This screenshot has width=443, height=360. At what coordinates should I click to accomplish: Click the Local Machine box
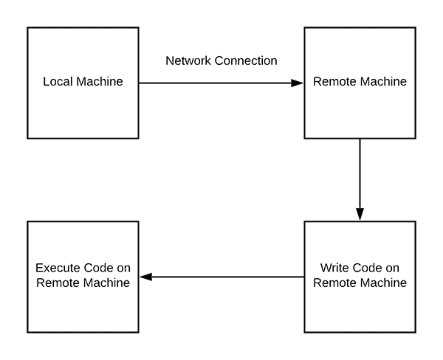pos(83,83)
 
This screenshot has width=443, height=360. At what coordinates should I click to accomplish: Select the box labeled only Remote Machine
pos(360,83)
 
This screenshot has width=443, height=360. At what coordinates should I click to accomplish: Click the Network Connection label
pos(221,60)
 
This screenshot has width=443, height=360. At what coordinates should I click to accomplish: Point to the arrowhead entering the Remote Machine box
pos(297,83)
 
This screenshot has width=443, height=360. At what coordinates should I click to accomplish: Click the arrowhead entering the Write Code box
pos(360,213)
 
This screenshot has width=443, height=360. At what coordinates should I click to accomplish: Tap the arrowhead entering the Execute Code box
pos(145,277)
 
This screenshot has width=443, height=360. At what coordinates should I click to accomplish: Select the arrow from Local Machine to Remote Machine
pos(221,83)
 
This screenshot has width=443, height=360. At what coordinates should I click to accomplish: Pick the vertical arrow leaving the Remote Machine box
pos(360,177)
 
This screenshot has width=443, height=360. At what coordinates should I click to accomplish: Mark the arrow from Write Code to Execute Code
pos(221,277)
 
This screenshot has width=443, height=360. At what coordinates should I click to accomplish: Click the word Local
pos(57,82)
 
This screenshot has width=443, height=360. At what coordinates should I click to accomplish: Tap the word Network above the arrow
pos(188,60)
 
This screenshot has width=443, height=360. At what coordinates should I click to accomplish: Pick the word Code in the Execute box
pos(92,268)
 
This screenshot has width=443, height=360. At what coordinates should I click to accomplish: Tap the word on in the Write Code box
pos(391,268)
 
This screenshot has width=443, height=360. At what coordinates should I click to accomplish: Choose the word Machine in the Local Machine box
pos(97,82)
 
